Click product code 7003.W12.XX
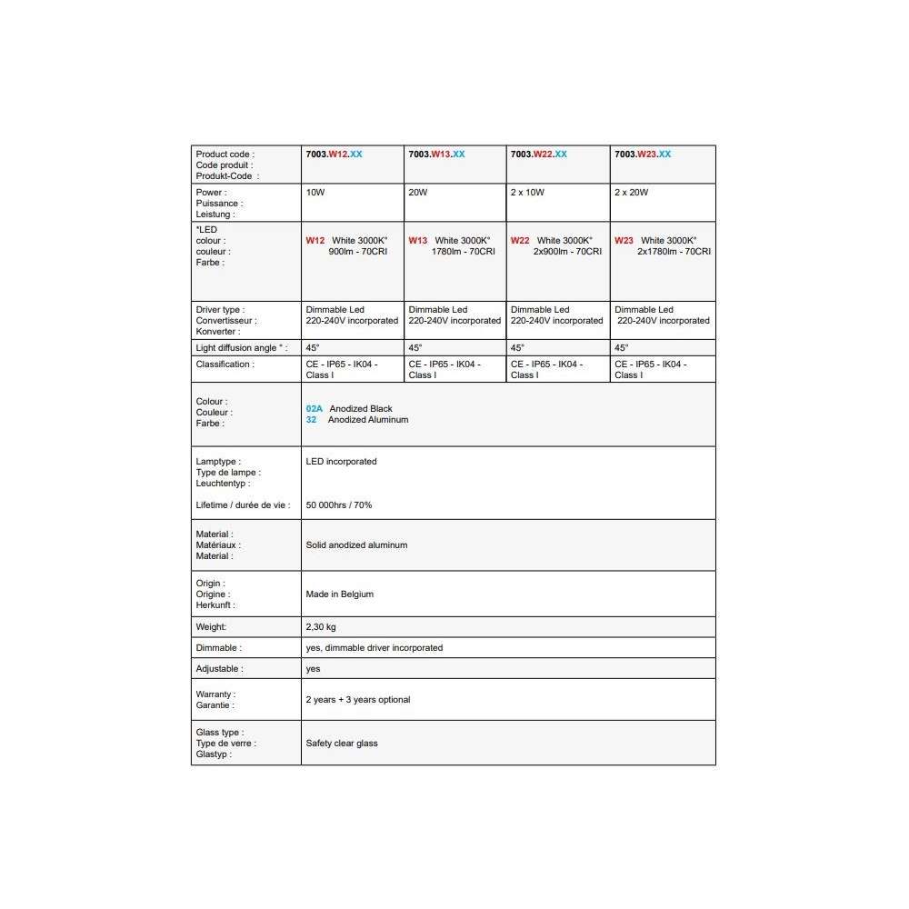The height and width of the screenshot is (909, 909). [334, 155]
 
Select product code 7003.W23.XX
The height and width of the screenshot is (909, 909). [643, 155]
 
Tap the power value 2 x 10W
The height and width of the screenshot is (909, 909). [528, 193]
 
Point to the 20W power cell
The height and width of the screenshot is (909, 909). [418, 193]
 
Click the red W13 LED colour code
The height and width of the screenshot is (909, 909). [418, 241]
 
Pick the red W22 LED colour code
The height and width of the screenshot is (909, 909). [520, 241]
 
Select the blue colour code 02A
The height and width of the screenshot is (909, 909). [315, 409]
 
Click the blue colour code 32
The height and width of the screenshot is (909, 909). [311, 420]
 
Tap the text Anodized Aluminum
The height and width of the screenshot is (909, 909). [368, 420]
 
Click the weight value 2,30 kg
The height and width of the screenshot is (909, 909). [321, 627]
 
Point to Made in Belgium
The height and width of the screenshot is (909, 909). [340, 594]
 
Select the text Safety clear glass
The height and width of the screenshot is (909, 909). [342, 744]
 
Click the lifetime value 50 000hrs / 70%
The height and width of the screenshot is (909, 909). [339, 505]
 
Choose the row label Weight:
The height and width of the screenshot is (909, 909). [211, 627]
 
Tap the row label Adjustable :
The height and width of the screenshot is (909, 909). [218, 669]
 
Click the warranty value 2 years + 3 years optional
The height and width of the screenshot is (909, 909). [358, 700]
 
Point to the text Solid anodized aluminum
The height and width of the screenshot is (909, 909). [356, 545]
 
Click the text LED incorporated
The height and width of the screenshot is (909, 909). [341, 462]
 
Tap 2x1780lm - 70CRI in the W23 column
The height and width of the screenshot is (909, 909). [674, 252]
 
